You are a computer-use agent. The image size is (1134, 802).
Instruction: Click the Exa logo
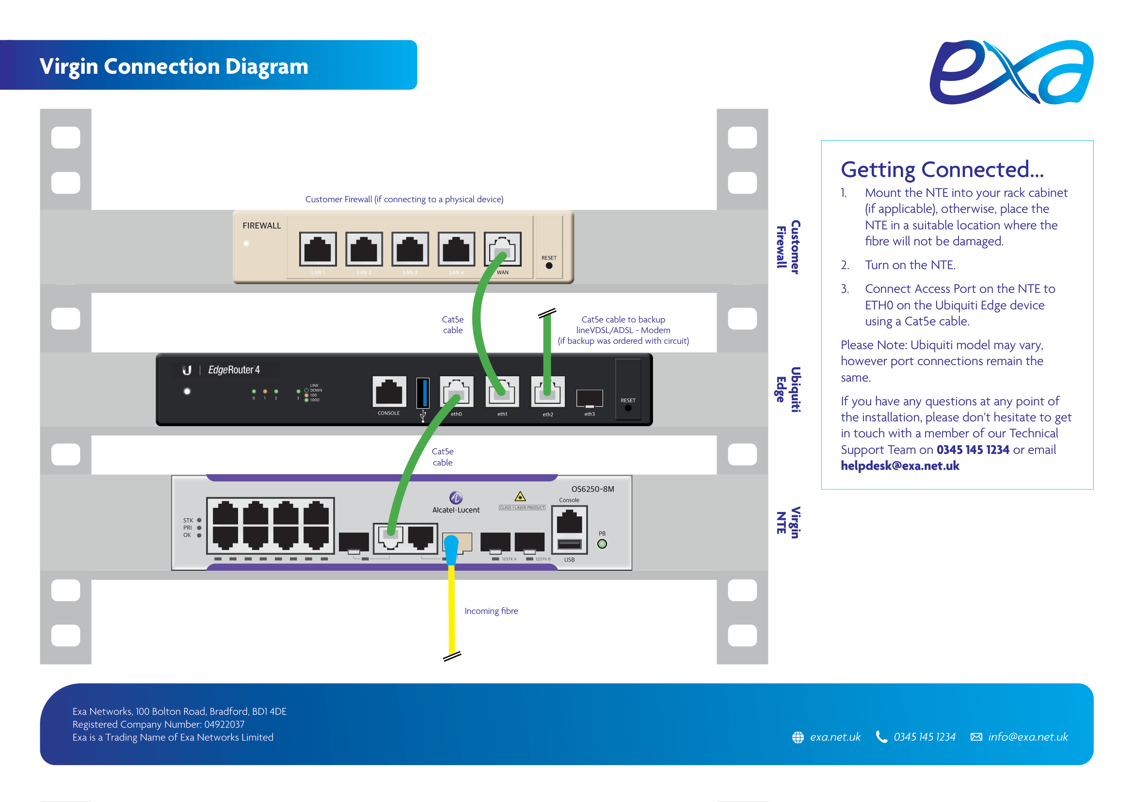tap(1011, 73)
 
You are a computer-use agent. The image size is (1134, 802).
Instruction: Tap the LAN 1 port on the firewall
tap(318, 249)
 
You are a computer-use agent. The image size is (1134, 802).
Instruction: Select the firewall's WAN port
tap(502, 248)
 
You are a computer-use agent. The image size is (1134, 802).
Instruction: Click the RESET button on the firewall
tap(549, 266)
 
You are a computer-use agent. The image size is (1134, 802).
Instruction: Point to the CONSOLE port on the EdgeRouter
tap(389, 392)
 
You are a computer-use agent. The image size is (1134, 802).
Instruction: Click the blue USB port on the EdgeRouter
tap(423, 393)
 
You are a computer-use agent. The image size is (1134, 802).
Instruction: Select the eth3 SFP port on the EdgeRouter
tap(589, 398)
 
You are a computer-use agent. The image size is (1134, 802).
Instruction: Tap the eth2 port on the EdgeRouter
tap(547, 392)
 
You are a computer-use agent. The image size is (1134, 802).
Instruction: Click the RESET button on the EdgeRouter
tap(628, 408)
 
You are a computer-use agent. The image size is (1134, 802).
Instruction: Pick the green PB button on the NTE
tap(602, 544)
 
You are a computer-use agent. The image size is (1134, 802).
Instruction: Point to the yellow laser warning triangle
tap(520, 497)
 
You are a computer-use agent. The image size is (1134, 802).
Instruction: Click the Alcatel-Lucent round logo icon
tap(455, 497)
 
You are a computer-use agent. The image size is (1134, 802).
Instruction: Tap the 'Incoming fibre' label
tap(491, 611)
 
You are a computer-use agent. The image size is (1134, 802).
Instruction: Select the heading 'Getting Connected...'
tap(942, 169)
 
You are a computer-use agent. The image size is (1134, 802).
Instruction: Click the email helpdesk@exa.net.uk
tap(900, 465)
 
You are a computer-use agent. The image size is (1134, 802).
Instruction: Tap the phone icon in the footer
tap(881, 737)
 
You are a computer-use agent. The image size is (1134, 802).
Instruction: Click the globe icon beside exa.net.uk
tap(798, 738)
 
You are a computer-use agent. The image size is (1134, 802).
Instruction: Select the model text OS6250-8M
tap(592, 489)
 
